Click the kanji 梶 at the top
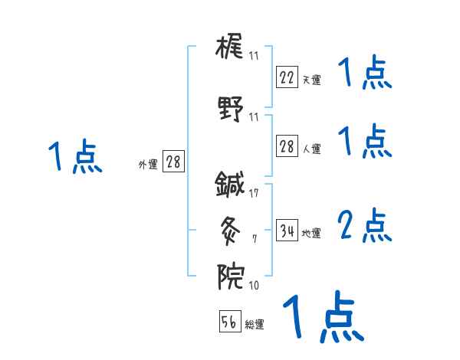[x=230, y=47]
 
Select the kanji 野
[x=230, y=107]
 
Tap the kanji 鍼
[x=229, y=183]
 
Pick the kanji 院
[x=229, y=273]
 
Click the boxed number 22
[x=287, y=77]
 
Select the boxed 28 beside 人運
[x=287, y=147]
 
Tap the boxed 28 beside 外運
[x=173, y=162]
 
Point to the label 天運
[x=311, y=79]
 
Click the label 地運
[x=311, y=233]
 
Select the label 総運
[x=255, y=324]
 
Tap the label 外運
[x=147, y=164]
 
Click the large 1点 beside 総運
[x=323, y=316]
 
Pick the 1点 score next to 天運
[x=364, y=74]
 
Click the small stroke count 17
[x=254, y=193]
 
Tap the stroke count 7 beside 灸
[x=254, y=239]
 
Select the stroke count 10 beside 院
[x=254, y=286]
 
